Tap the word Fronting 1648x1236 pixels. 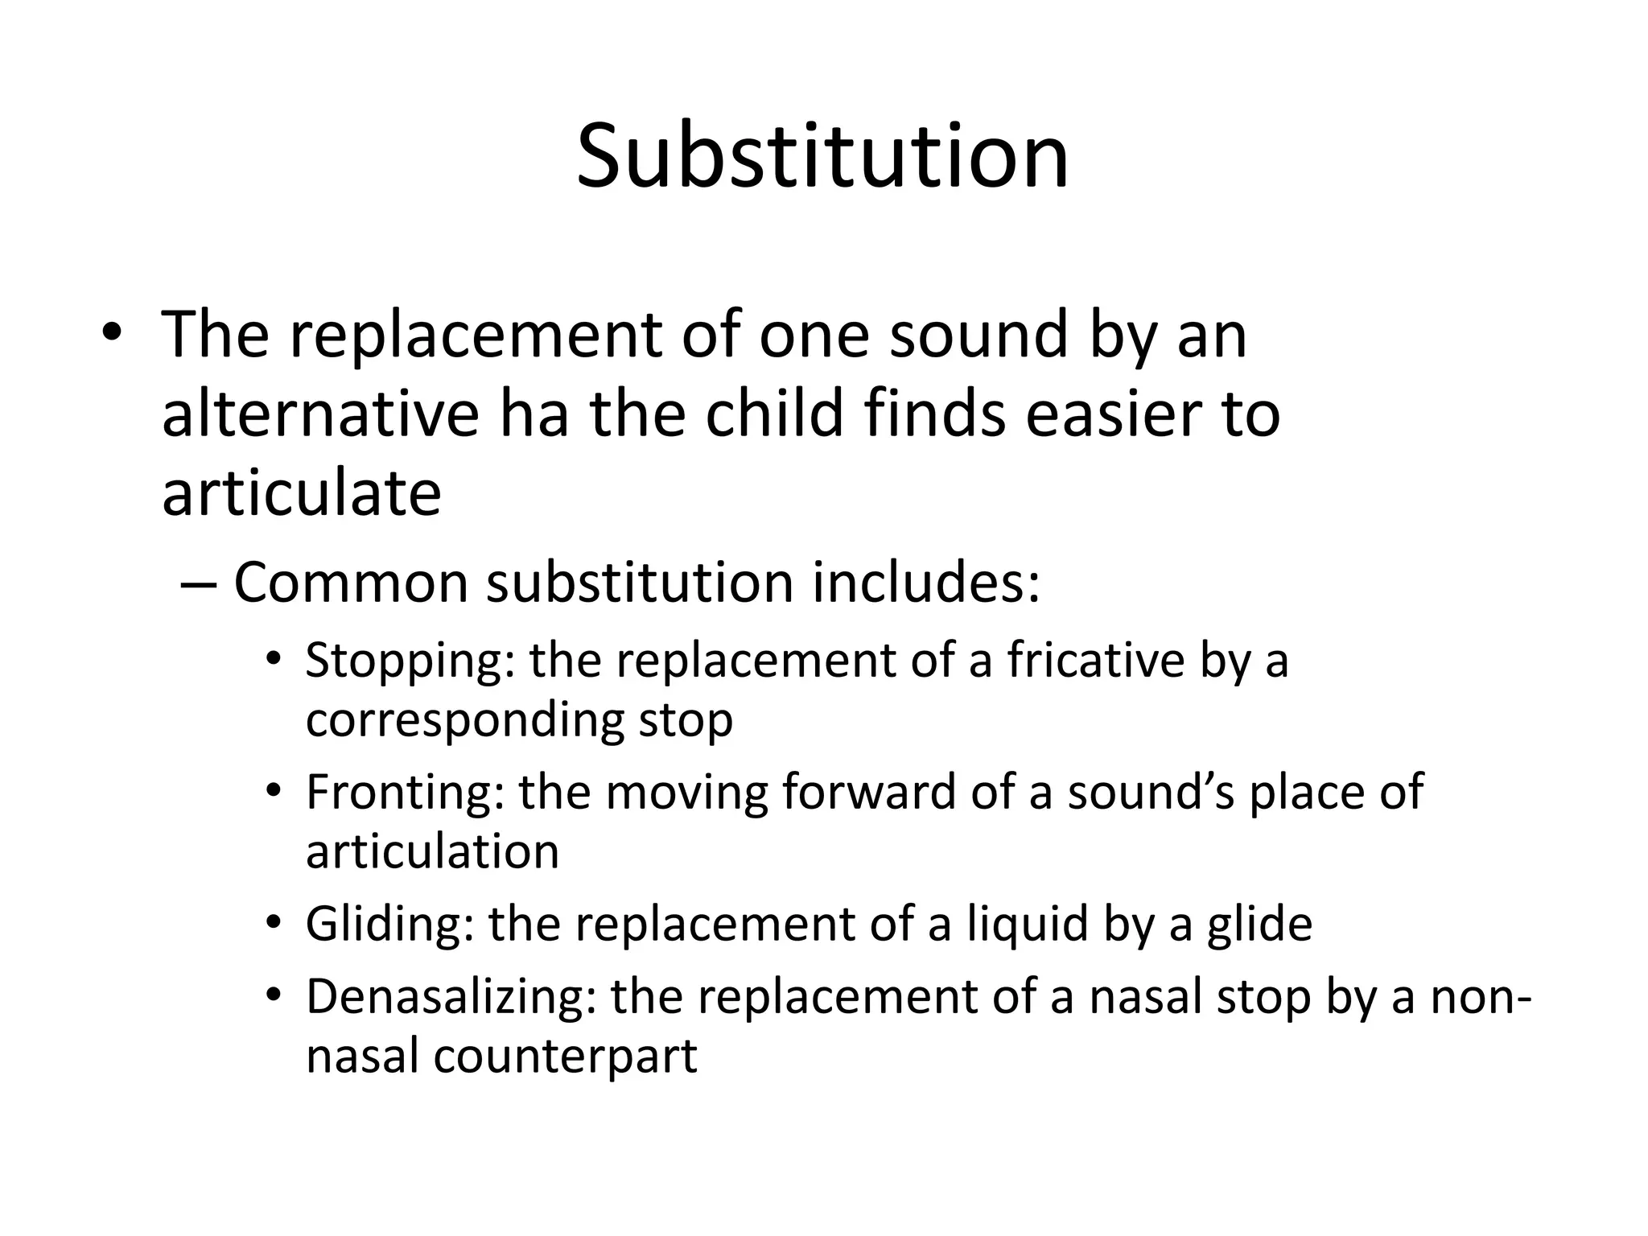point(405,793)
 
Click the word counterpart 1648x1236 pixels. point(565,1057)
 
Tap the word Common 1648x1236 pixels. point(351,583)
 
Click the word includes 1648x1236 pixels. point(925,583)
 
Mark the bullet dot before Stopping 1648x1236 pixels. point(274,658)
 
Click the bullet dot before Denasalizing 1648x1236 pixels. point(274,995)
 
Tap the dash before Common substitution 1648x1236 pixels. point(198,584)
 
